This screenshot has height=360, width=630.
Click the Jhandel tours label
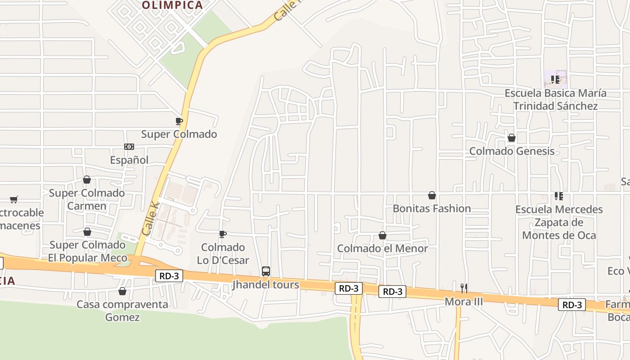point(265,284)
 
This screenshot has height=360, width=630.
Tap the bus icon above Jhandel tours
point(266,271)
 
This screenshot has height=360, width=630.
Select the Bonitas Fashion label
point(432,208)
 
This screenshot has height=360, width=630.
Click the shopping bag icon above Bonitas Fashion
point(432,195)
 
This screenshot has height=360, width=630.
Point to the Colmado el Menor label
point(382,248)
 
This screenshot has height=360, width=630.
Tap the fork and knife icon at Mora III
point(464,288)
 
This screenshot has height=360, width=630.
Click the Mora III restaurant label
point(463,301)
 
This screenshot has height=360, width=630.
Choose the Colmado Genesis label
point(512,151)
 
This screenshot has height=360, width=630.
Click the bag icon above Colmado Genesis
point(512,138)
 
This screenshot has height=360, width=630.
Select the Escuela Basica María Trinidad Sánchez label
point(555,99)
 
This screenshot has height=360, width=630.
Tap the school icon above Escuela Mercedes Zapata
point(559,196)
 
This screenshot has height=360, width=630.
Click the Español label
point(129,160)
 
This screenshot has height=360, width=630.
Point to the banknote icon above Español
point(129,147)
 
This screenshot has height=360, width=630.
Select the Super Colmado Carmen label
point(87,199)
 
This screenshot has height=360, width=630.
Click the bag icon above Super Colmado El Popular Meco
point(87,232)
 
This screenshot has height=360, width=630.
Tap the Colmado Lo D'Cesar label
point(223,253)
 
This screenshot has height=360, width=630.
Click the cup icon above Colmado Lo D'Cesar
point(222,234)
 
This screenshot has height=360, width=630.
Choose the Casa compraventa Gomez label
point(122,310)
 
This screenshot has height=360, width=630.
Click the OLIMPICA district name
point(172,5)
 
